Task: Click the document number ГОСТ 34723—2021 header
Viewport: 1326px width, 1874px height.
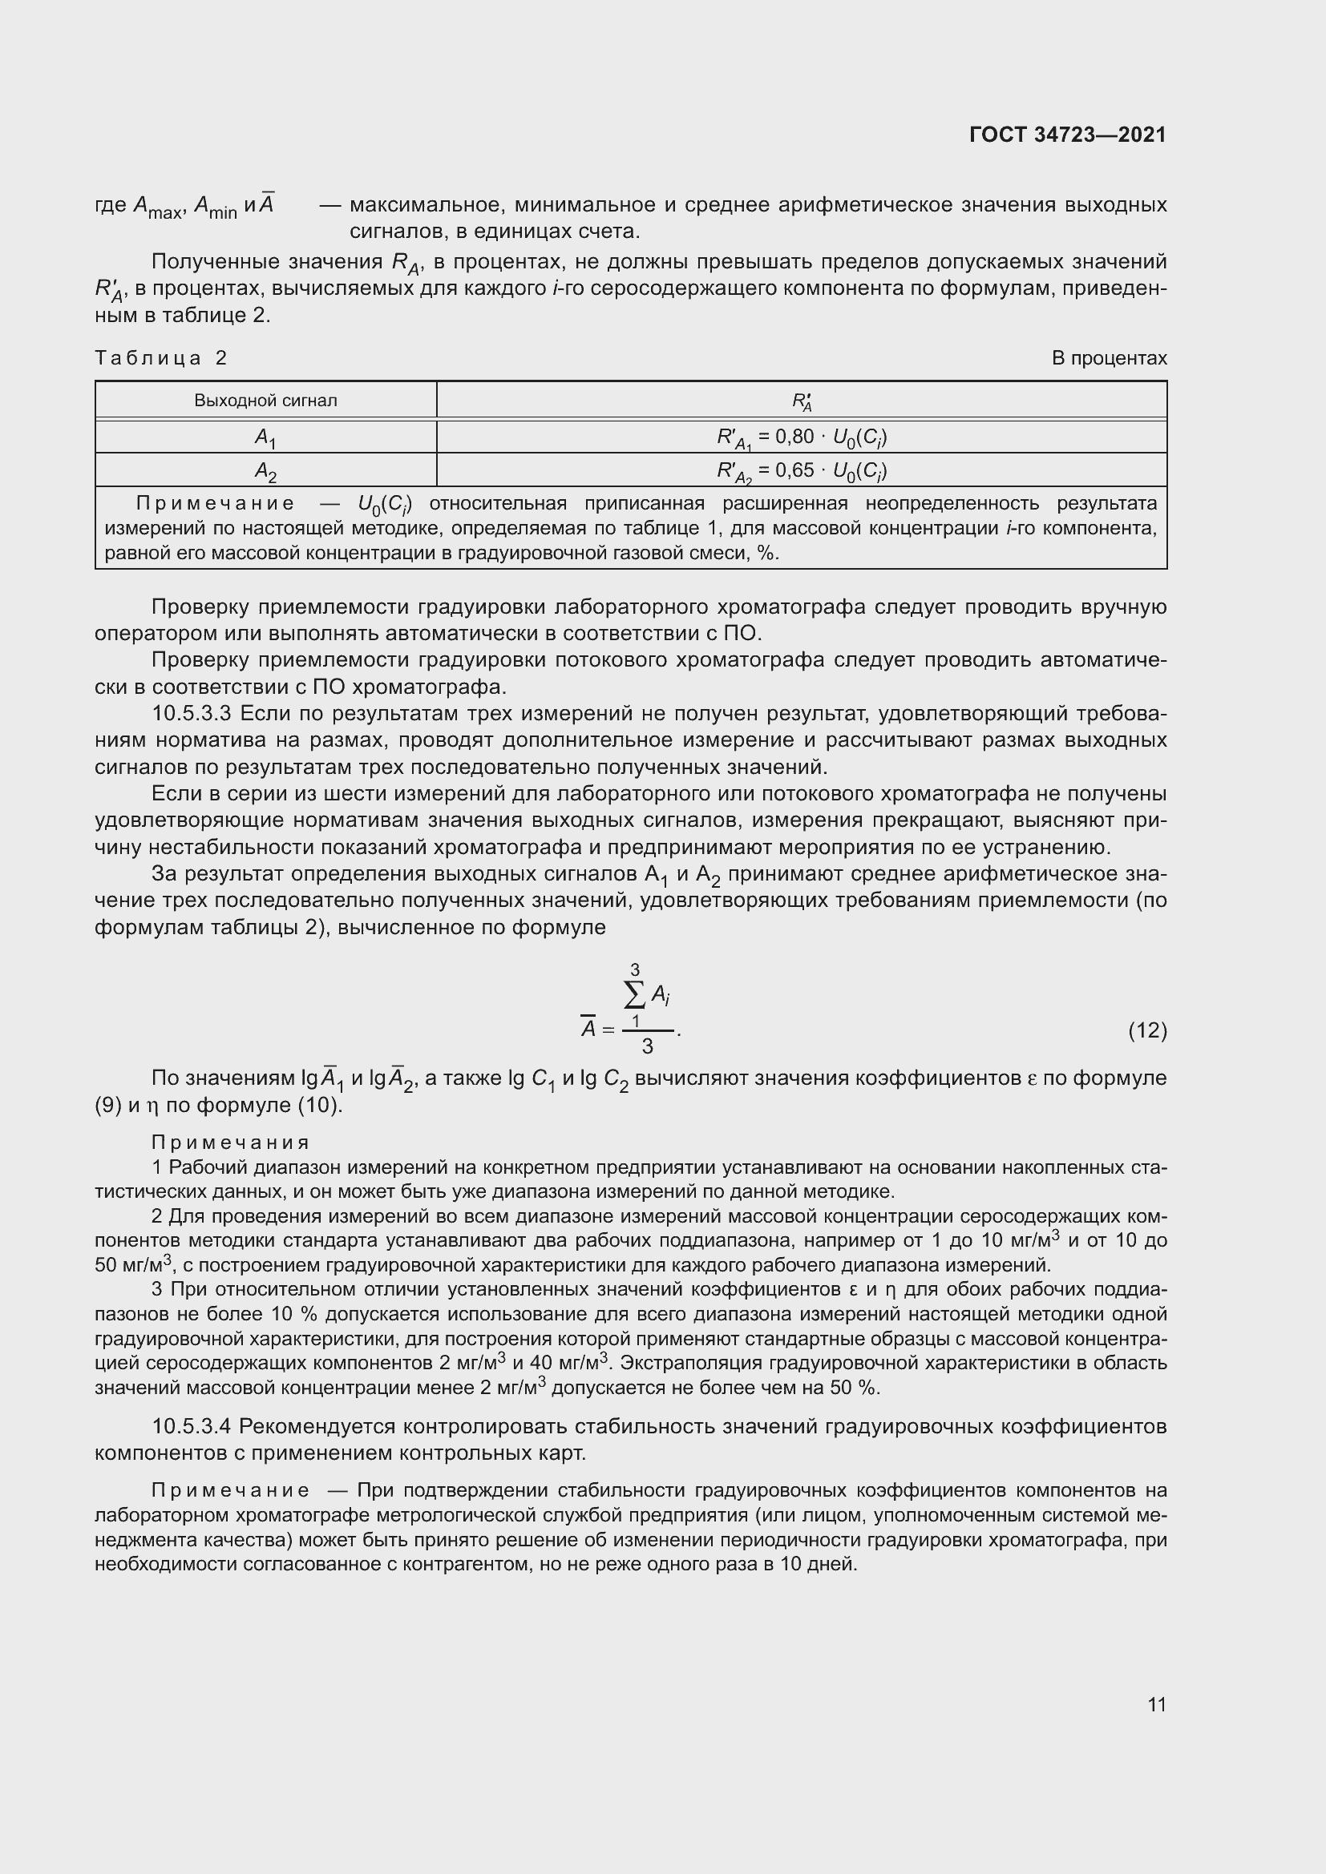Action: (x=1067, y=135)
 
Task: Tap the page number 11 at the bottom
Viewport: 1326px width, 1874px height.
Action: (x=1156, y=1704)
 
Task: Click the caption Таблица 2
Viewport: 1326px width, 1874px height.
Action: (x=161, y=357)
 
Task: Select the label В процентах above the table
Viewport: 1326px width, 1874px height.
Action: (x=1109, y=357)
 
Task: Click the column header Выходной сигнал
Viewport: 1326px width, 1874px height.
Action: (x=265, y=401)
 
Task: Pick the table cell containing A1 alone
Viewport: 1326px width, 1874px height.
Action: (x=265, y=438)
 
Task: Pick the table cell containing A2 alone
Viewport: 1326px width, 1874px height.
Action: (x=265, y=471)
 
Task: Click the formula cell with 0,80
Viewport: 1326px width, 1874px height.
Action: (x=801, y=438)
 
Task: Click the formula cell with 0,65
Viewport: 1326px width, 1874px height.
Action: (x=801, y=471)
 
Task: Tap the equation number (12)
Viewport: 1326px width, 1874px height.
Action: (x=1147, y=1031)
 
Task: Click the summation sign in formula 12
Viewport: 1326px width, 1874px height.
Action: (x=634, y=995)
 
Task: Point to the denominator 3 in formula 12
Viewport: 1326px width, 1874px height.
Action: (x=647, y=1046)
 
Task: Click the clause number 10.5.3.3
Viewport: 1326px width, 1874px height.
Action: (x=192, y=713)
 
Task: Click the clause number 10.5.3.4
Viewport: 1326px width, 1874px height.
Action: (x=192, y=1427)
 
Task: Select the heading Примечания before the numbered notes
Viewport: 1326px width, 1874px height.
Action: (x=230, y=1142)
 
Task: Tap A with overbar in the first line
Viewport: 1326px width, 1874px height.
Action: (x=266, y=204)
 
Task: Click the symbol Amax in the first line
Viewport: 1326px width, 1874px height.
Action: (x=158, y=207)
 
